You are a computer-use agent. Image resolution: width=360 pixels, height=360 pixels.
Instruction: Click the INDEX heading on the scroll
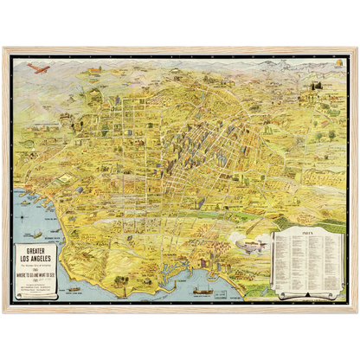tap(303, 233)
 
